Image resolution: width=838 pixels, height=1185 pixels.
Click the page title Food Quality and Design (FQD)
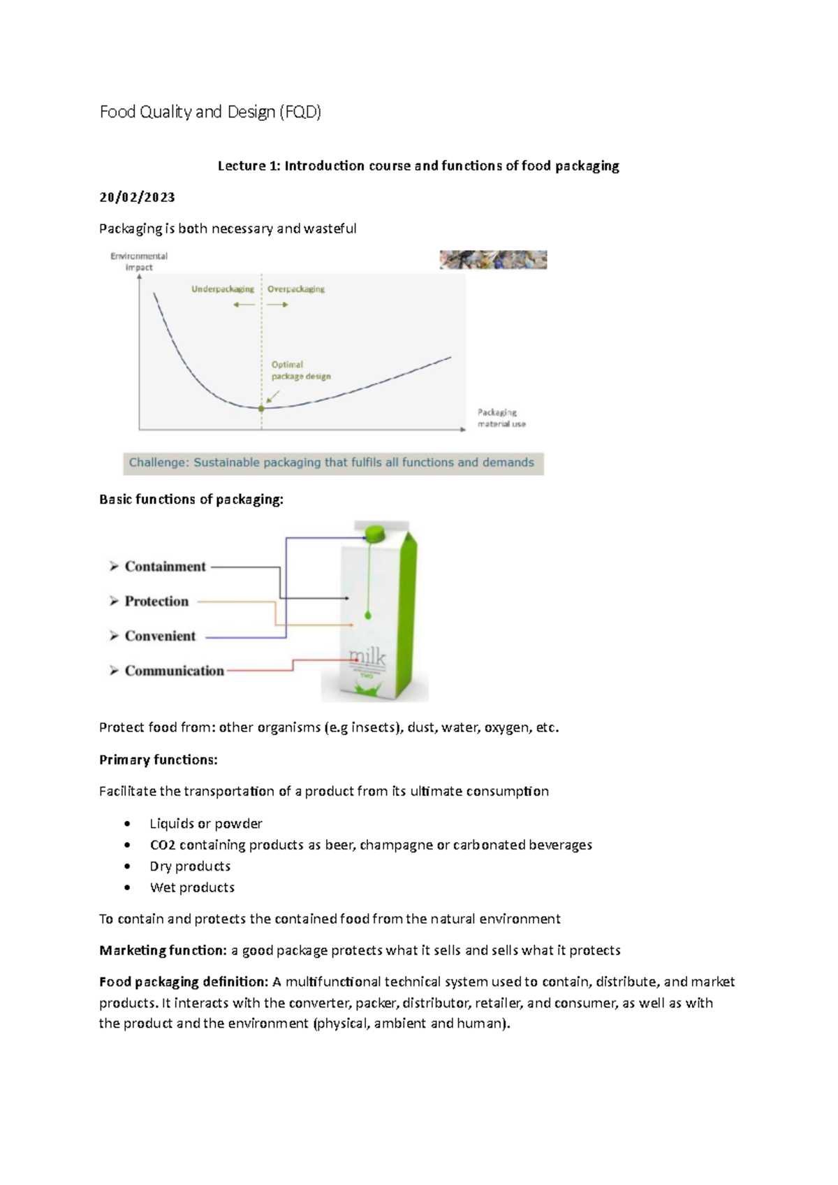coord(210,112)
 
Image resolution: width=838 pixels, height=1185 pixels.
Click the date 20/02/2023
coord(137,197)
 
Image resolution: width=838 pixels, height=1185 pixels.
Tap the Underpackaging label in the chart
coord(223,289)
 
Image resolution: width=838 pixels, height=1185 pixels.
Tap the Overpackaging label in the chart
coord(296,289)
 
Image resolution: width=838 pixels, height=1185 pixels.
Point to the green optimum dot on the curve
coord(262,409)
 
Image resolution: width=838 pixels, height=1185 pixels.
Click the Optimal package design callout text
coord(300,370)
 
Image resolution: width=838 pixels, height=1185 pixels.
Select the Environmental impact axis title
coord(139,261)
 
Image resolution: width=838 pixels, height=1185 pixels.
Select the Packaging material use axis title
coord(501,418)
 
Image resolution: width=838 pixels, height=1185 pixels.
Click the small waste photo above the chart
coord(493,260)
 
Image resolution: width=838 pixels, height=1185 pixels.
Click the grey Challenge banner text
coord(332,463)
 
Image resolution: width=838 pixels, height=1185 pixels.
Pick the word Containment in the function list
coord(166,567)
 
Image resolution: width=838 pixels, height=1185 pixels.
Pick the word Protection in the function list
coord(156,602)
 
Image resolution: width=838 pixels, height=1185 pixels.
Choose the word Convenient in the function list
coord(160,636)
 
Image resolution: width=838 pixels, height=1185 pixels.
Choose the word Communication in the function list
coord(174,671)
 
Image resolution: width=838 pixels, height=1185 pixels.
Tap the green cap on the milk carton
coord(375,533)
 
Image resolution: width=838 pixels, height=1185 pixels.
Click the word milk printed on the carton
coord(368,657)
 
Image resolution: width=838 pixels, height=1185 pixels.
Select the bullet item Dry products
coord(190,866)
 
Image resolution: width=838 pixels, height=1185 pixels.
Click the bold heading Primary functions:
coord(159,759)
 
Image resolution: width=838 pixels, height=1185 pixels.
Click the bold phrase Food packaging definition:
coord(184,982)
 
